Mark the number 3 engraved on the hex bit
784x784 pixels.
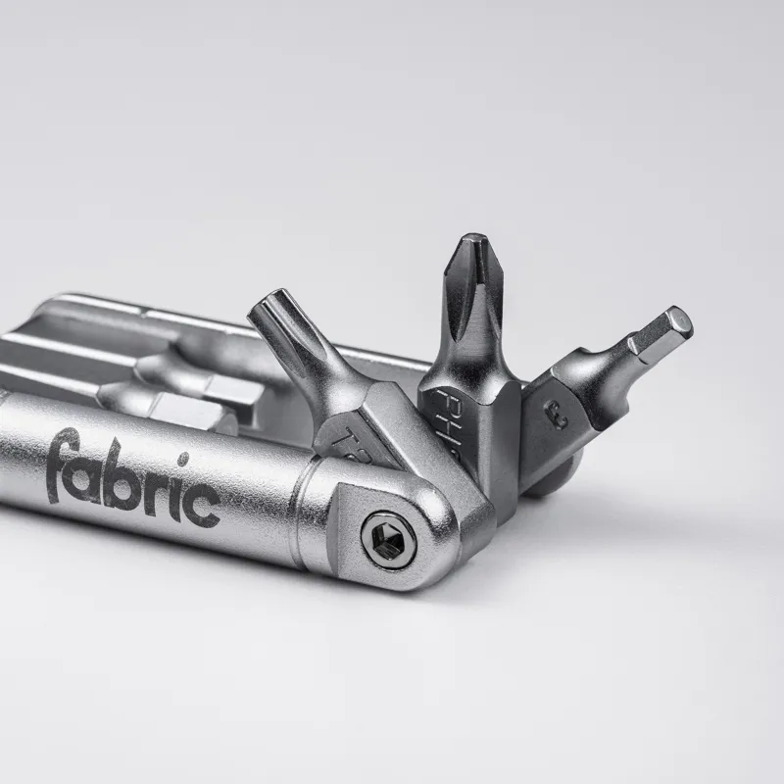pyautogui.click(x=561, y=416)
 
